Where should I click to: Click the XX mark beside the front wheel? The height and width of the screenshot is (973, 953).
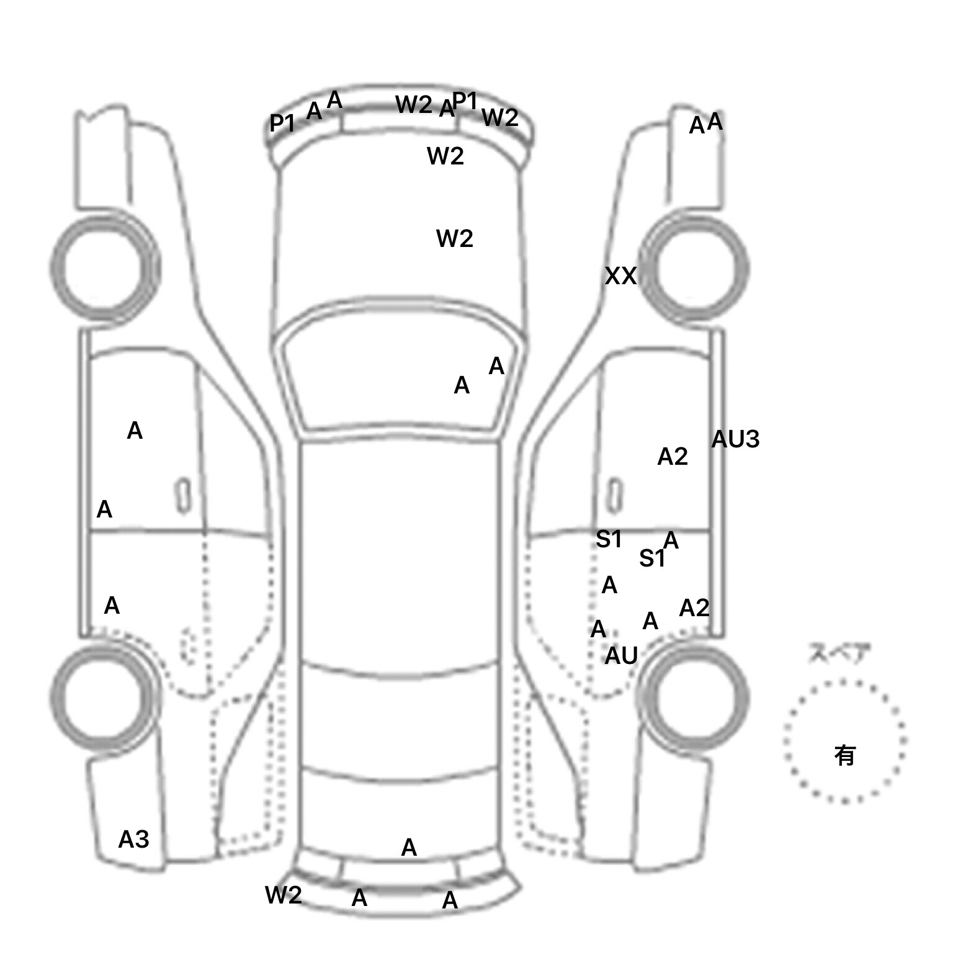(x=620, y=276)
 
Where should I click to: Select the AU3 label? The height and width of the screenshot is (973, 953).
(x=735, y=439)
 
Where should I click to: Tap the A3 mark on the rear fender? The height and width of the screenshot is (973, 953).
(x=134, y=840)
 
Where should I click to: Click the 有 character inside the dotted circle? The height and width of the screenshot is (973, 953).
(x=845, y=756)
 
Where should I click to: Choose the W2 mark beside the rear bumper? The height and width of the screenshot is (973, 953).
(x=283, y=895)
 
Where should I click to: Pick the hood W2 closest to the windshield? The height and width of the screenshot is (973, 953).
(x=455, y=238)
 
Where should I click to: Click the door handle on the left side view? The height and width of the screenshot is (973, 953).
(x=183, y=495)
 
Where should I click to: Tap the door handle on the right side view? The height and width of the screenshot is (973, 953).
(x=614, y=495)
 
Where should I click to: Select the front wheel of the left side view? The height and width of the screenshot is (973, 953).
(x=105, y=267)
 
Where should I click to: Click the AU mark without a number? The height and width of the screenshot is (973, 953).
(x=621, y=656)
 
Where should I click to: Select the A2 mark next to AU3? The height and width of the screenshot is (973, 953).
(x=673, y=457)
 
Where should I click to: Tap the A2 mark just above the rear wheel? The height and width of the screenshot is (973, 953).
(x=694, y=608)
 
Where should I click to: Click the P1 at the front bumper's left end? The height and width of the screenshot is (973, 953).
(x=282, y=123)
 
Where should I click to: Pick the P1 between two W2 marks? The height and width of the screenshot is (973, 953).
(x=465, y=100)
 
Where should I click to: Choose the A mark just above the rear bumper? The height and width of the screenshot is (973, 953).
(x=409, y=848)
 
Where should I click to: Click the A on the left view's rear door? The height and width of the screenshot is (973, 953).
(x=112, y=606)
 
